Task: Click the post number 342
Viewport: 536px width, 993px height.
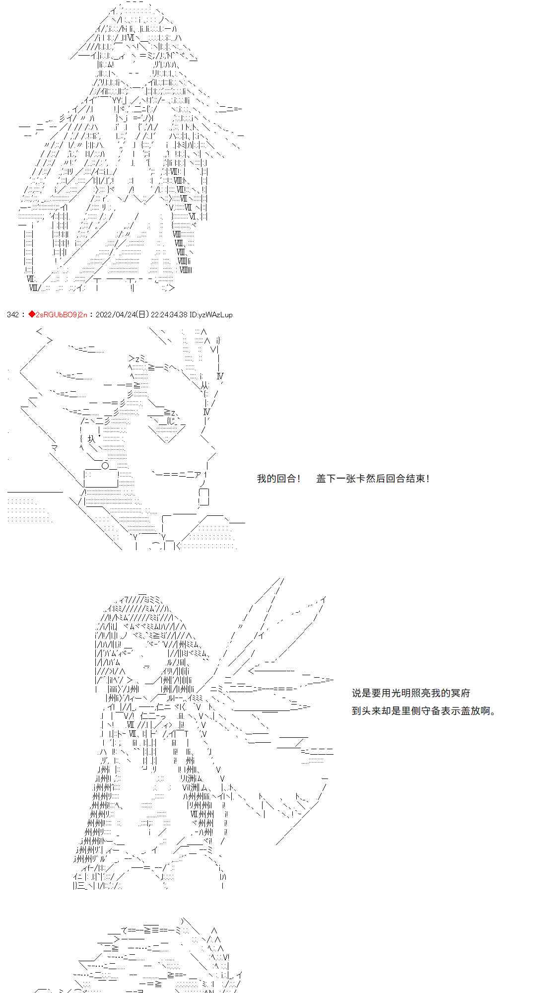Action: click(13, 314)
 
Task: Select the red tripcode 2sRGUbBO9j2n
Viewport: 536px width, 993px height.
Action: click(62, 314)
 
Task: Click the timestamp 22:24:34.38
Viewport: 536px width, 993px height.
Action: click(169, 314)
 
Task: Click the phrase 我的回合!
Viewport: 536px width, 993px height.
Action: click(279, 479)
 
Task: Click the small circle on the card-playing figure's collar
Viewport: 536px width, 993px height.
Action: click(105, 466)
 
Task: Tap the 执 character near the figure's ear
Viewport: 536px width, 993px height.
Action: click(91, 439)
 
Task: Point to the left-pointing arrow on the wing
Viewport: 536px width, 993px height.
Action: click(271, 671)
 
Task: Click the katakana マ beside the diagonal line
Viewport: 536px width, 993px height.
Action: click(55, 448)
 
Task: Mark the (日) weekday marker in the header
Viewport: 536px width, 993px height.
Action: click(142, 314)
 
